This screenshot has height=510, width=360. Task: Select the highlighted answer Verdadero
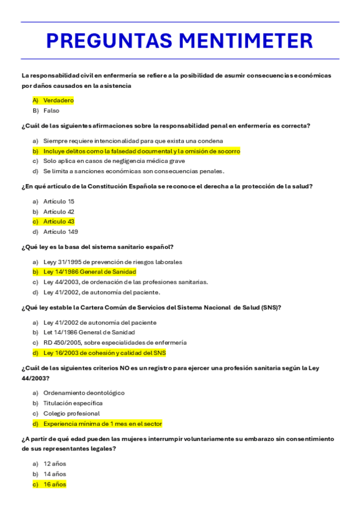pos(58,100)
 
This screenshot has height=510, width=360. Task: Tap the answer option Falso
pos(51,111)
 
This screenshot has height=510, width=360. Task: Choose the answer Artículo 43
pos(59,221)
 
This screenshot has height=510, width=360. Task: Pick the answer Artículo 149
pos(61,232)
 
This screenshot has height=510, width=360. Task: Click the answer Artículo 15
pos(59,201)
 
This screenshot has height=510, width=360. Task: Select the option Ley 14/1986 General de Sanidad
pos(90,272)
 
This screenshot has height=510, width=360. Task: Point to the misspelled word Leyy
pos(50,262)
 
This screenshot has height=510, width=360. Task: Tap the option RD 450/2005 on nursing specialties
pos(114,343)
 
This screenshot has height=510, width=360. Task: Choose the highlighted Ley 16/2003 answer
pos(104,353)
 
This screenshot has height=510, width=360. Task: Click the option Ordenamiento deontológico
pos(84,393)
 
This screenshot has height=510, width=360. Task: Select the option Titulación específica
pos(73,403)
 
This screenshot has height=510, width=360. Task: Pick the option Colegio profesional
pos(72,413)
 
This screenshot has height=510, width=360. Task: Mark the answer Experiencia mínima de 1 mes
pos(102,423)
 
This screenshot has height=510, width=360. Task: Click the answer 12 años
pos(55,464)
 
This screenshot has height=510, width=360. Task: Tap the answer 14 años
pos(55,474)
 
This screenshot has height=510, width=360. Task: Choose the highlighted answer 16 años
pos(55,484)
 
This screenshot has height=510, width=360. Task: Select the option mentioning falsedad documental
pos(141,151)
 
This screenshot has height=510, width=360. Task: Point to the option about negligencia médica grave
pos(114,161)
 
